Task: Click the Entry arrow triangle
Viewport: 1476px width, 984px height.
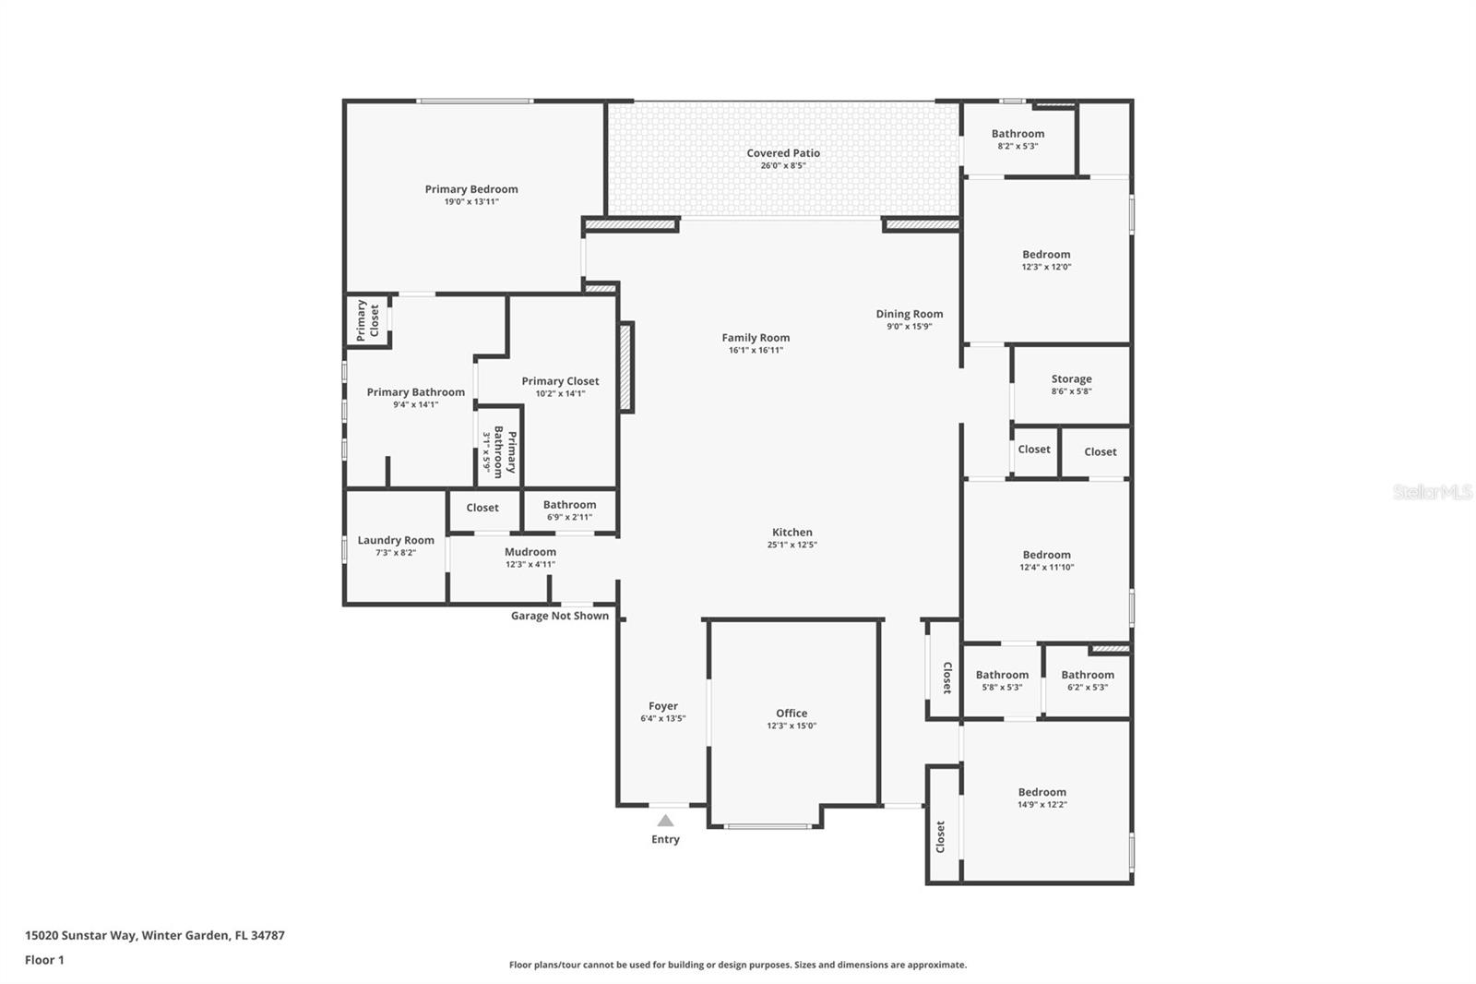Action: pyautogui.click(x=665, y=821)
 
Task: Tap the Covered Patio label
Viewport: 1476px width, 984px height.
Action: pyautogui.click(x=783, y=153)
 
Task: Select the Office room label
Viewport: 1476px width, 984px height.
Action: pyautogui.click(x=792, y=714)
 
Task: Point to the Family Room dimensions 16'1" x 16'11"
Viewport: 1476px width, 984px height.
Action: pyautogui.click(x=756, y=351)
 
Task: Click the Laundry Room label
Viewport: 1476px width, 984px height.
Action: pyautogui.click(x=396, y=541)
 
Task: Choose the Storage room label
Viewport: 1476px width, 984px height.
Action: pyautogui.click(x=1071, y=379)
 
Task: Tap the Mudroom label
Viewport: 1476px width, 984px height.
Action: pyautogui.click(x=530, y=552)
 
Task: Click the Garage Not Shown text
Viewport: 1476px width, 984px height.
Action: pyautogui.click(x=560, y=616)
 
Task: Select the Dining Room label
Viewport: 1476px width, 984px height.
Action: pyautogui.click(x=910, y=314)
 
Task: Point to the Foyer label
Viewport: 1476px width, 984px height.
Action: pyautogui.click(x=663, y=706)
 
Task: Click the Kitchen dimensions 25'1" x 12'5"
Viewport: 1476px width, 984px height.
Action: pyautogui.click(x=792, y=545)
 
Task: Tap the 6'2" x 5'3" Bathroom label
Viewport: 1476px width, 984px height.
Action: pyautogui.click(x=1088, y=675)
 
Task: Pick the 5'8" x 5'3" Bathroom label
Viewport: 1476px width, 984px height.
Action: pyautogui.click(x=1002, y=675)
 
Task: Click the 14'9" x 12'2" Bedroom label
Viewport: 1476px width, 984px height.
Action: pyautogui.click(x=1042, y=792)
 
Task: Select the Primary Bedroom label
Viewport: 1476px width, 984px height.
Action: pyautogui.click(x=471, y=189)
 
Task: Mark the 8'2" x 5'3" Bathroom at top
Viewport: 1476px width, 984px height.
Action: pyautogui.click(x=1018, y=134)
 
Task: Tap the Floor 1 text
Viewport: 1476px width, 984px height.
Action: pyautogui.click(x=44, y=960)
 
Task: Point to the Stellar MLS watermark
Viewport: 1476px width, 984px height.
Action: pyautogui.click(x=1433, y=493)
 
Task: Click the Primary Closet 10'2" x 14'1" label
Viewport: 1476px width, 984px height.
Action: pyautogui.click(x=560, y=381)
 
